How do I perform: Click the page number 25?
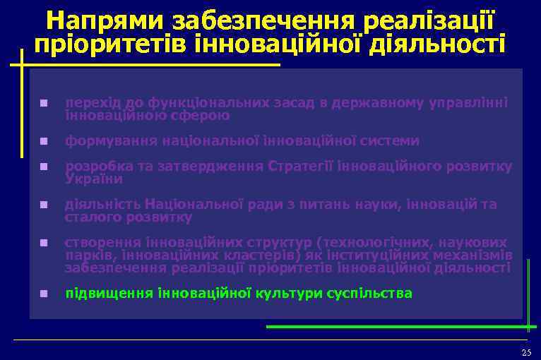point(525,352)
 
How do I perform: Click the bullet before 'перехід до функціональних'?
point(44,103)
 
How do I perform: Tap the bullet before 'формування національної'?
point(44,141)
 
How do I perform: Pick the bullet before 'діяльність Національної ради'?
point(44,205)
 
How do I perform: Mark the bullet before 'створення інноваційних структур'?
point(44,244)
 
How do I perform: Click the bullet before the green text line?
point(44,294)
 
